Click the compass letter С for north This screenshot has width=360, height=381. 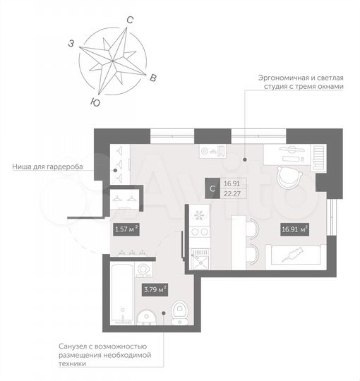point(129,21)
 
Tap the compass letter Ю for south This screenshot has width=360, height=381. point(94,102)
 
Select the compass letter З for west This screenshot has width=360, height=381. point(71,44)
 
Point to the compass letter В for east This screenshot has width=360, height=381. point(154,79)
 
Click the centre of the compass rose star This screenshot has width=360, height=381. point(114,61)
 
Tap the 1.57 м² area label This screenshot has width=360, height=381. point(126,229)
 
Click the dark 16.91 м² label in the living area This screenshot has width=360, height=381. point(294,229)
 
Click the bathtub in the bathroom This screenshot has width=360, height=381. point(121,294)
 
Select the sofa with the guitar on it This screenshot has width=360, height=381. point(294,255)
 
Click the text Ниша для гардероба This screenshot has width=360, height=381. point(47,167)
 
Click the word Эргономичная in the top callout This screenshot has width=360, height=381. point(277,77)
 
